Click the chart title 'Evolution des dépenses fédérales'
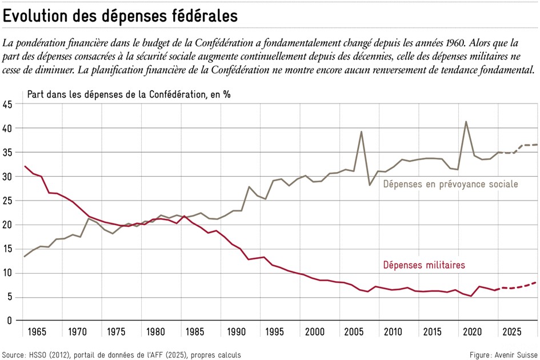(x=120, y=17)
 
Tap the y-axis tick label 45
(x=7, y=105)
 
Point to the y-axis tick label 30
(x=7, y=177)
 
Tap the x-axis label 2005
(x=353, y=333)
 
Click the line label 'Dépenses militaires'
(x=423, y=265)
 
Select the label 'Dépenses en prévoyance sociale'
(x=450, y=184)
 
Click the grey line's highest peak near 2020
(x=466, y=122)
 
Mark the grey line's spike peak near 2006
(x=361, y=131)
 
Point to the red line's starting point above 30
(x=25, y=166)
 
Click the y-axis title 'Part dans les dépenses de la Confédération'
(x=129, y=94)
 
